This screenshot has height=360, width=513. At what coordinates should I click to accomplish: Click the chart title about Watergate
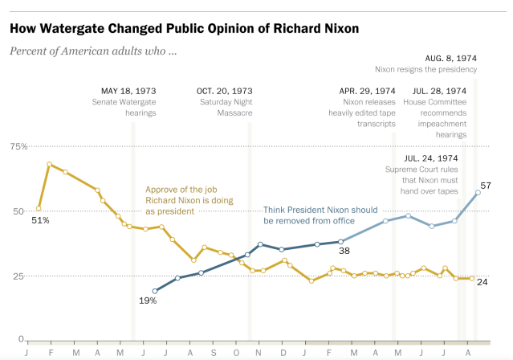pyautogui.click(x=184, y=28)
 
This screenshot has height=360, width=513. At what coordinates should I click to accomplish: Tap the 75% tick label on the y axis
pyautogui.click(x=18, y=146)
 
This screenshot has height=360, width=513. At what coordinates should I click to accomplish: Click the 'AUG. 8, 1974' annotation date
pyautogui.click(x=450, y=59)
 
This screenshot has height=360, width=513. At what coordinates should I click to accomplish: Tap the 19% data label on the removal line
pyautogui.click(x=147, y=301)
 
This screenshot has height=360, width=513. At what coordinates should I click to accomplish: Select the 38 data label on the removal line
pyautogui.click(x=346, y=252)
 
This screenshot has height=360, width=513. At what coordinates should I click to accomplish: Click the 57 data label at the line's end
pyautogui.click(x=486, y=186)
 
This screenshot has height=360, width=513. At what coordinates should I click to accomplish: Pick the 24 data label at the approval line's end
pyautogui.click(x=483, y=281)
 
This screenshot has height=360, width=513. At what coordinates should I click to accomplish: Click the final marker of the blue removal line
pyautogui.click(x=478, y=192)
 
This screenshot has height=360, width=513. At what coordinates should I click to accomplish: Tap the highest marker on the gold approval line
pyautogui.click(x=50, y=165)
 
